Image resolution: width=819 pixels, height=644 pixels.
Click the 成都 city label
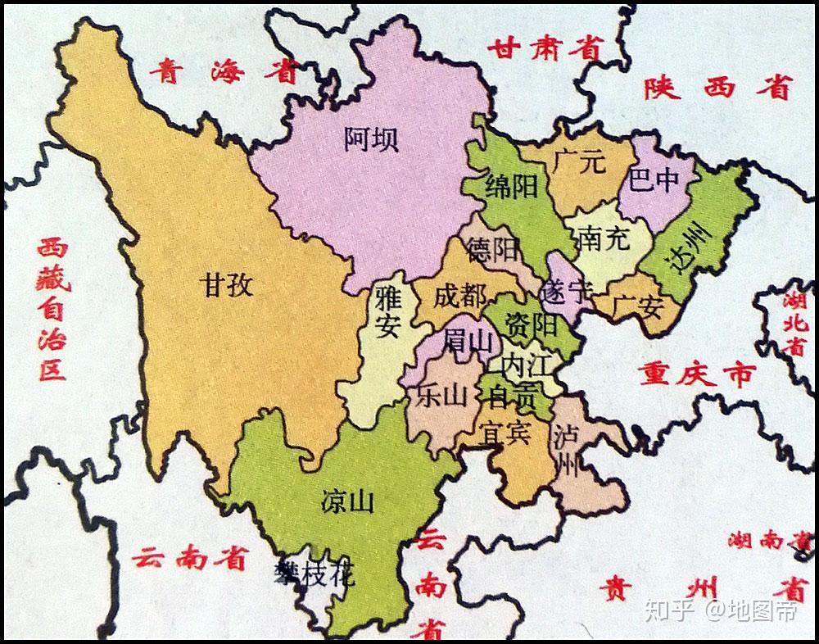click(x=459, y=296)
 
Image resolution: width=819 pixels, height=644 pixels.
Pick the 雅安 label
click(x=386, y=311)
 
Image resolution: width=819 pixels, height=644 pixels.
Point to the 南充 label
click(x=603, y=238)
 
